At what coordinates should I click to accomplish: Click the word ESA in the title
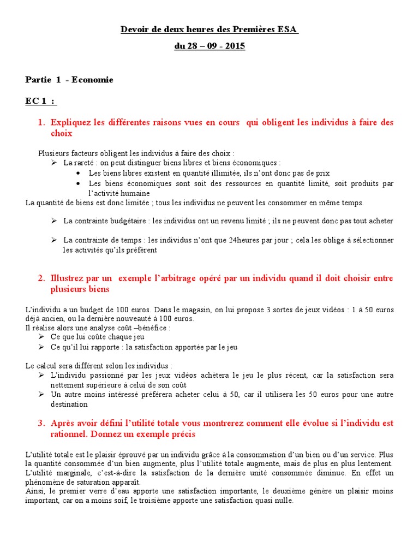pos(288,29)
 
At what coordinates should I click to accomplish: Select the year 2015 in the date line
pos(235,46)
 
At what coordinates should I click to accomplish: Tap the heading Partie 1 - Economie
pos(69,80)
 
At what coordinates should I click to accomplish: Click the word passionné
pos(104,376)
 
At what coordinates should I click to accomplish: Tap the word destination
pos(69,405)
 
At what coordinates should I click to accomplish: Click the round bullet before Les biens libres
pos(80,173)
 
